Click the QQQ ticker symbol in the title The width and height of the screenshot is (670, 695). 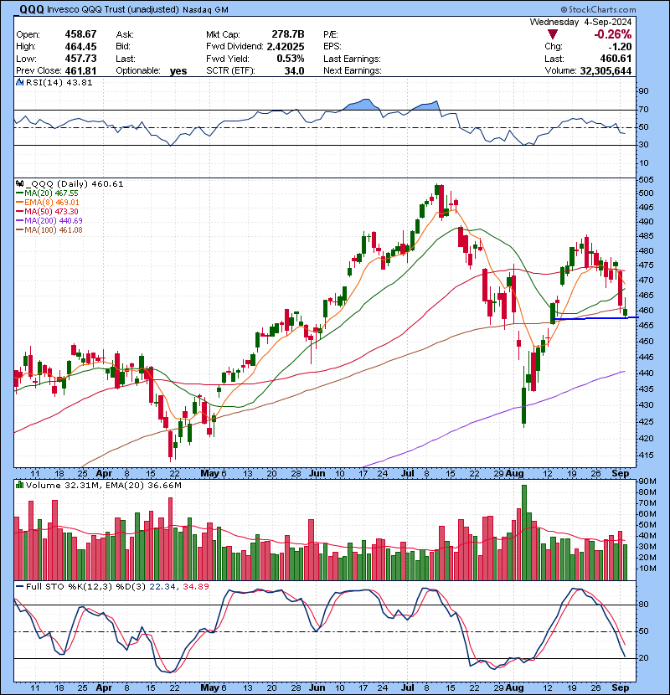32,9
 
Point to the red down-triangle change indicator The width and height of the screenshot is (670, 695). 551,34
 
